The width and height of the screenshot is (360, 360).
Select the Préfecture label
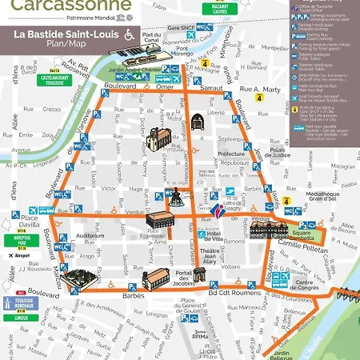230,154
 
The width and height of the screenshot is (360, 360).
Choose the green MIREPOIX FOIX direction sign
22,242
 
